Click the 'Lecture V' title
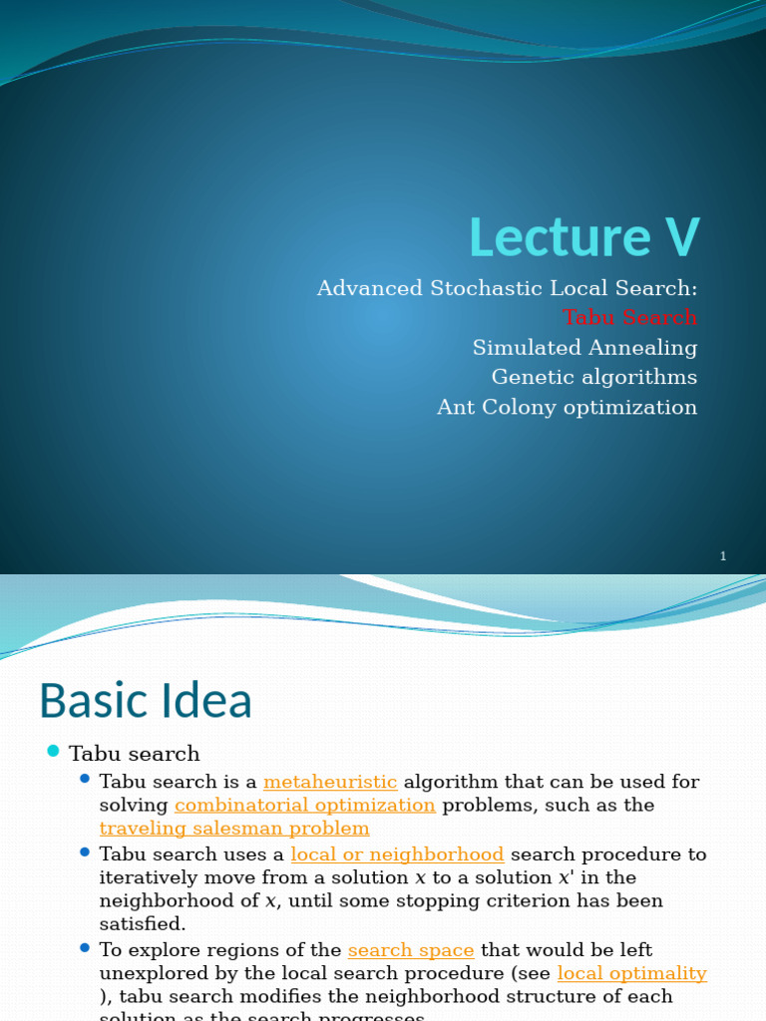(584, 237)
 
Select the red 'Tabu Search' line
(629, 317)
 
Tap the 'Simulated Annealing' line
(584, 347)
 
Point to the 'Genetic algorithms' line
(594, 377)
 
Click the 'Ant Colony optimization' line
(567, 407)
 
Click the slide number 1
(723, 556)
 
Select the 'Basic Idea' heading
(146, 701)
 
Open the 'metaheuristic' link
(330, 782)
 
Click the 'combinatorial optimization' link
(304, 805)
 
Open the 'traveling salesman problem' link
(234, 828)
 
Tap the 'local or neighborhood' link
(397, 854)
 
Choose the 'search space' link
(410, 950)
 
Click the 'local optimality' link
(631, 973)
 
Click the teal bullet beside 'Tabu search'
(54, 752)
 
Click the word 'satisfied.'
(143, 923)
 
